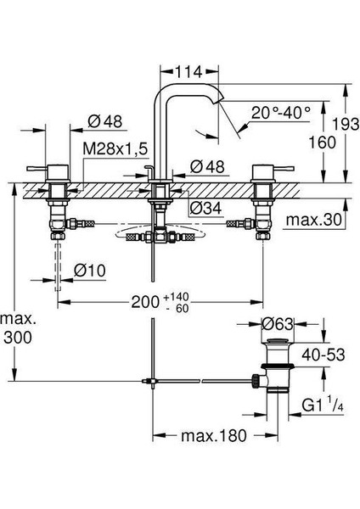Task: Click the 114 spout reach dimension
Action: [x=188, y=72]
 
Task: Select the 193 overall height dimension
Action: [x=346, y=124]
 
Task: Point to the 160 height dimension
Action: [x=322, y=143]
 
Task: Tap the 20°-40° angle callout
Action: [x=281, y=112]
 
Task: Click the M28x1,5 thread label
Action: [x=115, y=149]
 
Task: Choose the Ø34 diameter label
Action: [x=205, y=208]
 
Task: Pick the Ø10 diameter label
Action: [x=90, y=270]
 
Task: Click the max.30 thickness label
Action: [x=314, y=220]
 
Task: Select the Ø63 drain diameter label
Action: [x=278, y=324]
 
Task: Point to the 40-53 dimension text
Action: [x=323, y=355]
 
